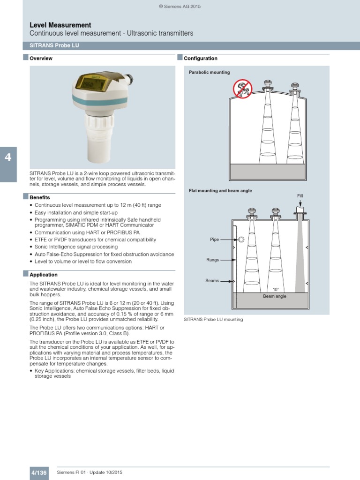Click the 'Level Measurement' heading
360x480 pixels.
(x=60, y=25)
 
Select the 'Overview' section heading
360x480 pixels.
(x=41, y=59)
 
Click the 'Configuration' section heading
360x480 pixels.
(x=201, y=59)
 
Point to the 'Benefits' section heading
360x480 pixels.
(x=40, y=198)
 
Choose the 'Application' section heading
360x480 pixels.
(x=44, y=275)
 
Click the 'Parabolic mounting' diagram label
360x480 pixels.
(x=209, y=73)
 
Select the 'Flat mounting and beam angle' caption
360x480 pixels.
(x=220, y=191)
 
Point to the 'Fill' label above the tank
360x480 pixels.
(x=300, y=195)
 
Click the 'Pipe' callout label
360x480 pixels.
(x=214, y=240)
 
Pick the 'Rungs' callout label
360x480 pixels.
(x=213, y=259)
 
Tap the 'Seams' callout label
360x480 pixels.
(x=212, y=281)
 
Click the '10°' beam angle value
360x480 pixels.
(x=276, y=290)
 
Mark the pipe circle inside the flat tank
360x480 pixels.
(x=241, y=240)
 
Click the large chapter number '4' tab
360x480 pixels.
(x=8, y=157)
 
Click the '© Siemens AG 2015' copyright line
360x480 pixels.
(x=180, y=7)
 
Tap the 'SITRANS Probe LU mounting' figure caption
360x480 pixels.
(x=213, y=319)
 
